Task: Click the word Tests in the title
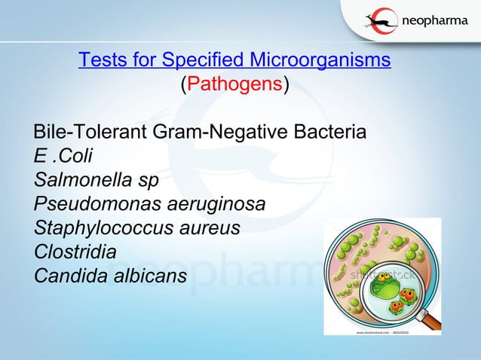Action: tap(100, 59)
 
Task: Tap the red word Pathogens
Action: tap(233, 84)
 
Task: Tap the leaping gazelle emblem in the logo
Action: tap(382, 21)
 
